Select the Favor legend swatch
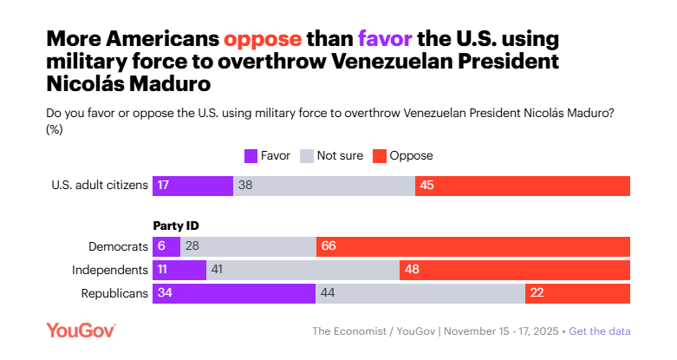[251, 156]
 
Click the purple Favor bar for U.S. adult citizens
[192, 186]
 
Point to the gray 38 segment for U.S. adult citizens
[324, 186]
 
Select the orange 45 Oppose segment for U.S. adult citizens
[523, 186]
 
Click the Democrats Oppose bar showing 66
[473, 246]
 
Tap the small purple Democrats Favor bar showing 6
[166, 246]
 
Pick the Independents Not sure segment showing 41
[303, 270]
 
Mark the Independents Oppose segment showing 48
[515, 270]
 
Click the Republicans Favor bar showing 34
[234, 293]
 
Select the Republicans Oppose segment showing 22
[577, 293]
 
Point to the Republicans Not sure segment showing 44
[420, 293]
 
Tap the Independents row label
[110, 270]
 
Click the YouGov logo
[81, 330]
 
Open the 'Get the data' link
[600, 331]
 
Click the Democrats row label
[119, 246]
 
